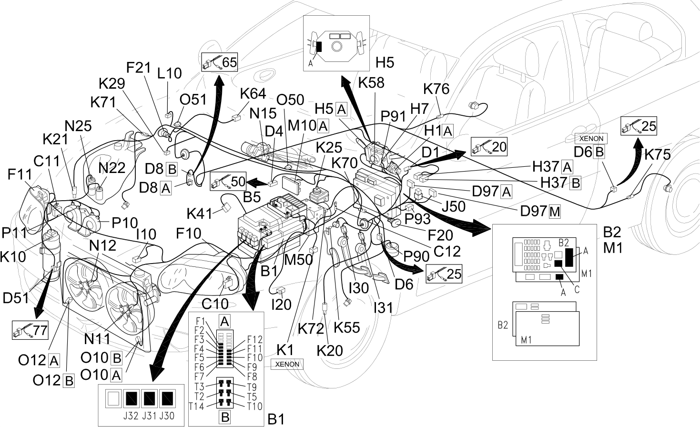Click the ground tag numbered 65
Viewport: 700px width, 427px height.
(x=219, y=62)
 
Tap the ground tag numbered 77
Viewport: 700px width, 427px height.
(x=30, y=330)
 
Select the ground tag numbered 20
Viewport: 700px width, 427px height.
(x=489, y=147)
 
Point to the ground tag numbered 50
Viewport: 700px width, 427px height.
(x=228, y=181)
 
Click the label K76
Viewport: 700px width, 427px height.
(x=436, y=89)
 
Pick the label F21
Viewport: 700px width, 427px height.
(x=139, y=68)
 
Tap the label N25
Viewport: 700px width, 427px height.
(x=78, y=126)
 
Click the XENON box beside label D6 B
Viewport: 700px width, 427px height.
(x=591, y=138)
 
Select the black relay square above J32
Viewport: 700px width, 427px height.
(x=132, y=399)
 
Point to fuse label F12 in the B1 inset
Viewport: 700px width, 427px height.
(x=254, y=339)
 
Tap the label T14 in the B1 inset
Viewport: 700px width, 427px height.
(x=197, y=407)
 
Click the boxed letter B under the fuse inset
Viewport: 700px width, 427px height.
(x=225, y=417)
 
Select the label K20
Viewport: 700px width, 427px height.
(x=330, y=351)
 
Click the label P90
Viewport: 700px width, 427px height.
(x=416, y=256)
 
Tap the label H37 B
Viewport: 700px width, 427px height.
(x=561, y=183)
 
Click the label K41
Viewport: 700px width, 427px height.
(x=200, y=214)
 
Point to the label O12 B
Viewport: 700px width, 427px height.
(x=53, y=381)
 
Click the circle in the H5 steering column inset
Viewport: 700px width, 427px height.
(x=336, y=46)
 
